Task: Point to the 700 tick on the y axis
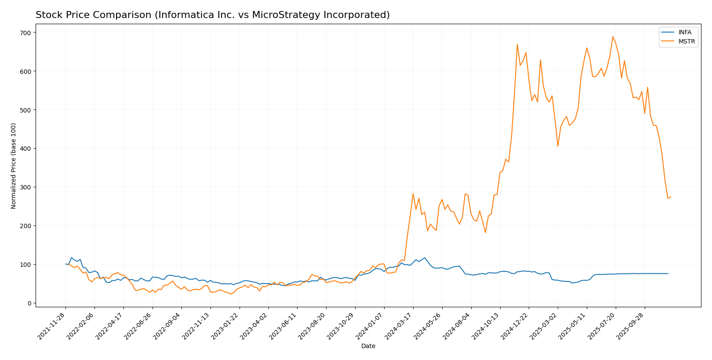[x=25, y=33]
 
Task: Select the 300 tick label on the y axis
[x=25, y=187]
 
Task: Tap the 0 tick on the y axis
[x=29, y=303]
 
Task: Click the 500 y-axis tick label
[x=25, y=110]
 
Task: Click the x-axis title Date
[x=368, y=346]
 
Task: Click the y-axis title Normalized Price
[x=14, y=166]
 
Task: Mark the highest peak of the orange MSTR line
[x=613, y=36]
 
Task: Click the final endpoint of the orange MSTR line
[x=671, y=197]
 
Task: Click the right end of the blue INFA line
[x=668, y=274]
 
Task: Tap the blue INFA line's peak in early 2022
[x=71, y=258]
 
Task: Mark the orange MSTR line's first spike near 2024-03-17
[x=413, y=193]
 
